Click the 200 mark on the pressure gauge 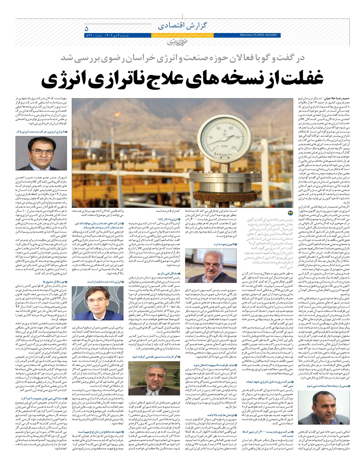[237, 137]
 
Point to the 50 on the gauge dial [211, 138]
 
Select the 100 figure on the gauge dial [218, 128]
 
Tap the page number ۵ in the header [87, 29]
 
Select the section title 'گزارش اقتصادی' [175, 25]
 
